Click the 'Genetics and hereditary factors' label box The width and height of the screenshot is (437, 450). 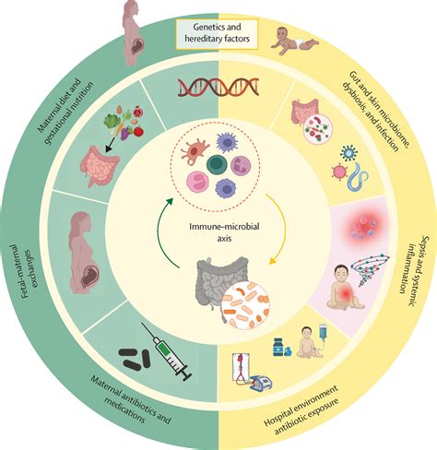point(217,33)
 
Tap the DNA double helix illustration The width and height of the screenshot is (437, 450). point(218,87)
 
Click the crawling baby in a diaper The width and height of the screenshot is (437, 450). point(294,41)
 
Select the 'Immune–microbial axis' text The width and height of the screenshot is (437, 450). point(224,232)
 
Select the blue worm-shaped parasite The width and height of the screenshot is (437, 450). point(357,176)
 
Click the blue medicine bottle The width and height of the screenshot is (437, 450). point(278,347)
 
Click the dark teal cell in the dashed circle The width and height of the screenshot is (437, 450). point(217,165)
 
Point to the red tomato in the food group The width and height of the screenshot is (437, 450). point(138,131)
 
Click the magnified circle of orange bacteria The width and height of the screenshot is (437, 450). point(245,305)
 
